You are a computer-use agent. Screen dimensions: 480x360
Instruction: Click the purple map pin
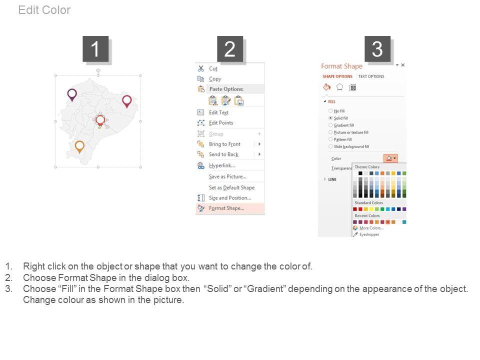click(x=72, y=94)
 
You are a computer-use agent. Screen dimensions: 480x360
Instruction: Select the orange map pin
click(x=79, y=146)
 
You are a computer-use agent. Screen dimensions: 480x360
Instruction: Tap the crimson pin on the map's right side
click(x=126, y=100)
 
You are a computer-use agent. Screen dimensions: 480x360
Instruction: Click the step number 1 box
click(x=95, y=49)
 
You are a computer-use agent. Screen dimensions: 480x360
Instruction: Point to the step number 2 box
click(x=230, y=49)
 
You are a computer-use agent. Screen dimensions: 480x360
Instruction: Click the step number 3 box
click(x=377, y=49)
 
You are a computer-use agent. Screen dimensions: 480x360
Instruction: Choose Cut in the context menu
click(x=213, y=68)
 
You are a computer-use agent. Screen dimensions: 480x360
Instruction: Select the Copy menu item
click(x=215, y=79)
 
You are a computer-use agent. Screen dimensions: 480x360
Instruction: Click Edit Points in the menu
click(x=221, y=123)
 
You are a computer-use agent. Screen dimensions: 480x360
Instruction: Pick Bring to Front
click(x=224, y=144)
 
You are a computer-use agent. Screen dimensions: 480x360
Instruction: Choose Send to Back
click(x=224, y=154)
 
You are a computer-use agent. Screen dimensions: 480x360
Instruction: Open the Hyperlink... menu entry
click(x=222, y=165)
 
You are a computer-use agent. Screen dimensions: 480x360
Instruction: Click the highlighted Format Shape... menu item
click(x=226, y=208)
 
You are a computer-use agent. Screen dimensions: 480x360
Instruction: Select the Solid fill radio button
click(x=330, y=118)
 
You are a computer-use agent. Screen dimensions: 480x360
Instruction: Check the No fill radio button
click(x=330, y=111)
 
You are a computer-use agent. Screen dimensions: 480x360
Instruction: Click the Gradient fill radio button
click(x=330, y=125)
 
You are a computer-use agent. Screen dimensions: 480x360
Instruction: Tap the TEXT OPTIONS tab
click(x=371, y=76)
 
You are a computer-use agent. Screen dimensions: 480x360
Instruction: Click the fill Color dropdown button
click(x=390, y=158)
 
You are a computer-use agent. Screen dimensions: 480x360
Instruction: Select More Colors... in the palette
click(x=371, y=228)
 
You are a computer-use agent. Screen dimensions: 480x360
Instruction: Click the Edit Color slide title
click(x=44, y=10)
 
